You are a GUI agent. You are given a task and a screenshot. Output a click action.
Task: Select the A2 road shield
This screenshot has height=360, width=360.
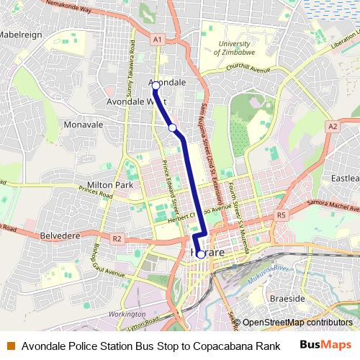[x=332, y=126]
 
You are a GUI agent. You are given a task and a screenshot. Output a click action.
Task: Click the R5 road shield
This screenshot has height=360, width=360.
[x=282, y=215]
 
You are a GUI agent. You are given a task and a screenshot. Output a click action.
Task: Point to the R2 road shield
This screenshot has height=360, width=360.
[x=117, y=238]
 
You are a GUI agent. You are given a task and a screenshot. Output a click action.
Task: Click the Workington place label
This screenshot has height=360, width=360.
[x=125, y=315]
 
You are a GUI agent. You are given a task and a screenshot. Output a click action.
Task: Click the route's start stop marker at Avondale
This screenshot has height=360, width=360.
[x=155, y=86]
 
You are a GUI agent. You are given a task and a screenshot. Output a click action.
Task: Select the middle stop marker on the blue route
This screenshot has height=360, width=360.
[x=173, y=128]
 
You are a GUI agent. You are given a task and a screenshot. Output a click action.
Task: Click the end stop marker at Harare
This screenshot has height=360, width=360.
[x=199, y=253]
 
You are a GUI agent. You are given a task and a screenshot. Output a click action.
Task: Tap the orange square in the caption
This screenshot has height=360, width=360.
[x=10, y=346]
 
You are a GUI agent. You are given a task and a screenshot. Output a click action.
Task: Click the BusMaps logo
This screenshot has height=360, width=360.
[x=325, y=345]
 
